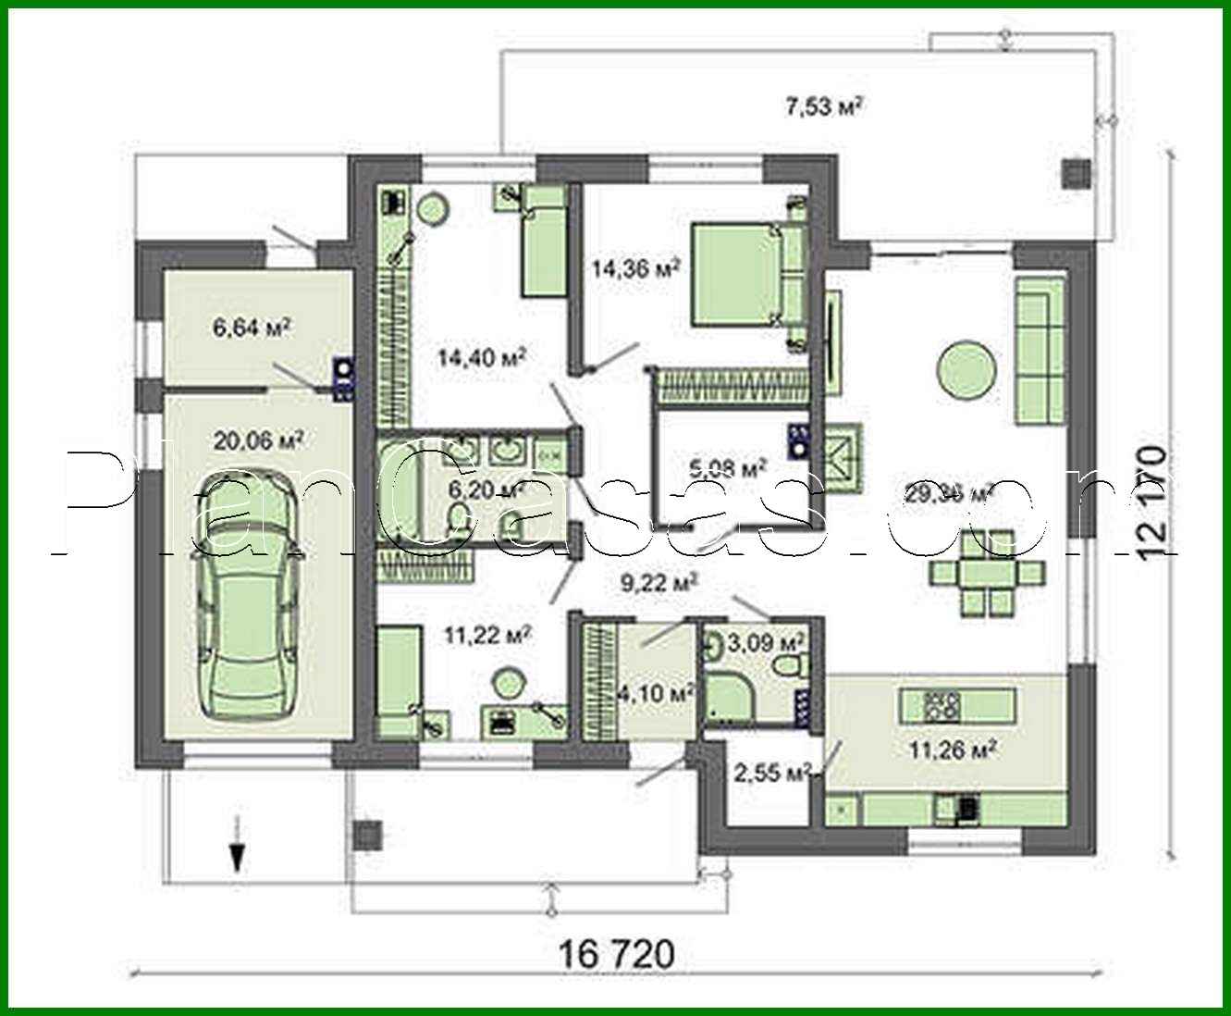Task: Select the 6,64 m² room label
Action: [x=252, y=328]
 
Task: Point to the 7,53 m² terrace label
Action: [x=824, y=107]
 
